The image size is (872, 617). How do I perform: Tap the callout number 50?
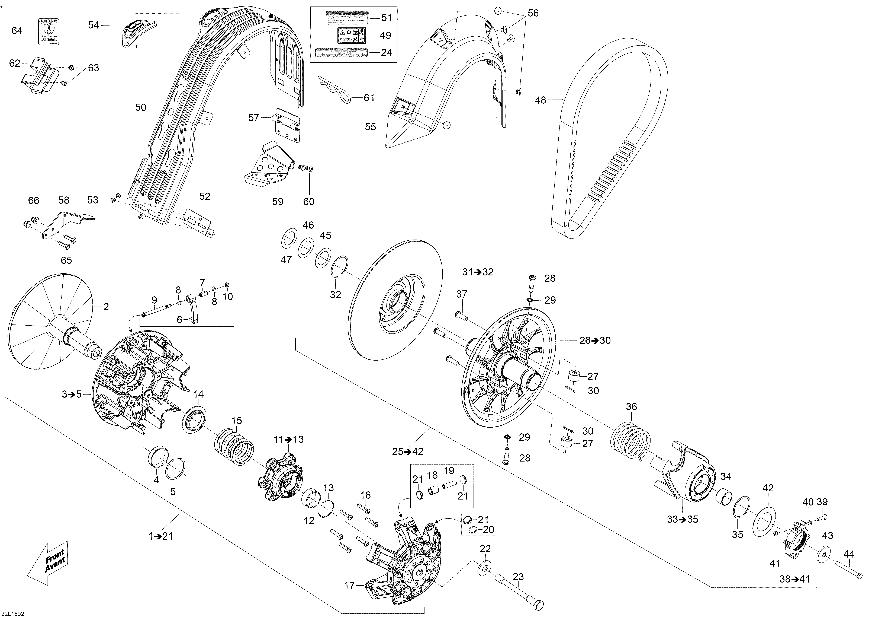pyautogui.click(x=140, y=107)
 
